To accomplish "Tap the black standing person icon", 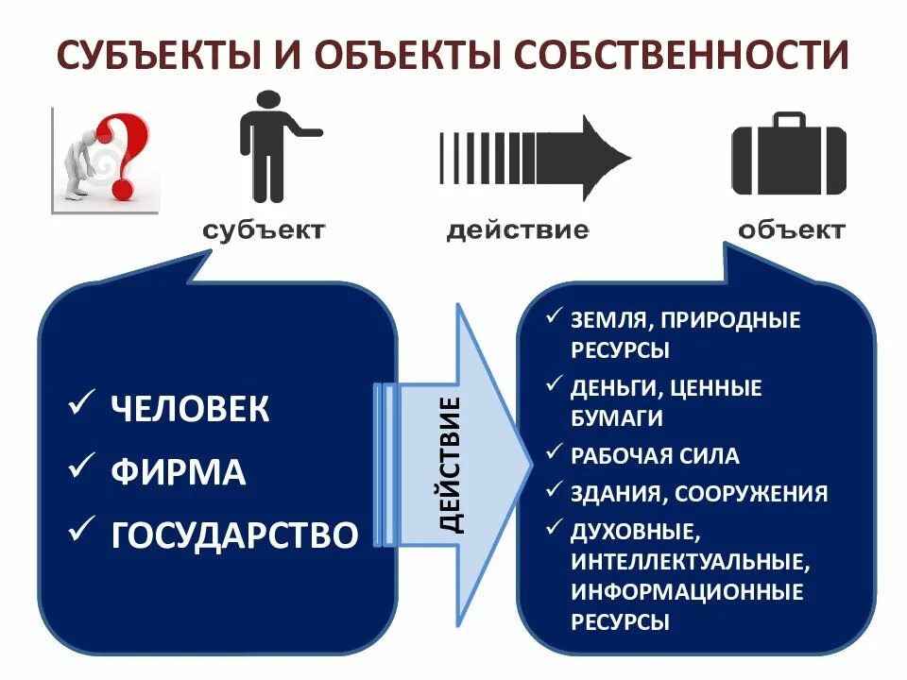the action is pyautogui.click(x=269, y=146).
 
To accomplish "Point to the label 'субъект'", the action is pyautogui.click(x=264, y=230).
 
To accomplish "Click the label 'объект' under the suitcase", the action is pyautogui.click(x=792, y=230).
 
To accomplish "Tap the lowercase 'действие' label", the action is pyautogui.click(x=518, y=230).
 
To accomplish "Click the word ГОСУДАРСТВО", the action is pyautogui.click(x=234, y=535).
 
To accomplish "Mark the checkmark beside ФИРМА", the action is pyautogui.click(x=82, y=469).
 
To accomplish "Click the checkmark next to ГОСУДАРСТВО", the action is pyautogui.click(x=82, y=533).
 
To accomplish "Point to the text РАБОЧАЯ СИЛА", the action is pyautogui.click(x=655, y=456).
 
